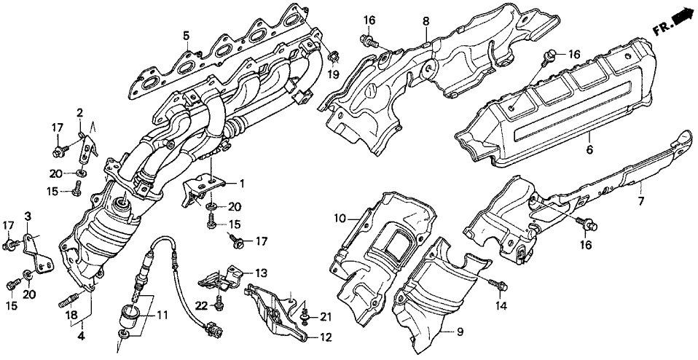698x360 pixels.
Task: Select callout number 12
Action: click(323, 337)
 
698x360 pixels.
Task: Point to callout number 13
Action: click(262, 271)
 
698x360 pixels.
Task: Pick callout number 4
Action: click(80, 337)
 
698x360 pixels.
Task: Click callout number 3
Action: click(28, 216)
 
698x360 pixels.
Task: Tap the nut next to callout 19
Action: click(332, 57)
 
